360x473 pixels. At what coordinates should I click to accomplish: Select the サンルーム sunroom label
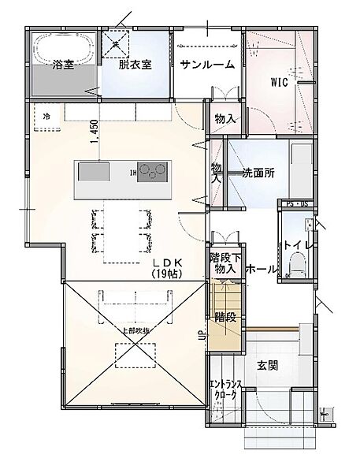coord(207,65)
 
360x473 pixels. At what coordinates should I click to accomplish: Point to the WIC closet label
coord(280,80)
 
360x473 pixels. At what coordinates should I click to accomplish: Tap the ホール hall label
coord(262,270)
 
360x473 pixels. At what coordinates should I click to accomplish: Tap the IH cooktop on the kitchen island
coord(154,171)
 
